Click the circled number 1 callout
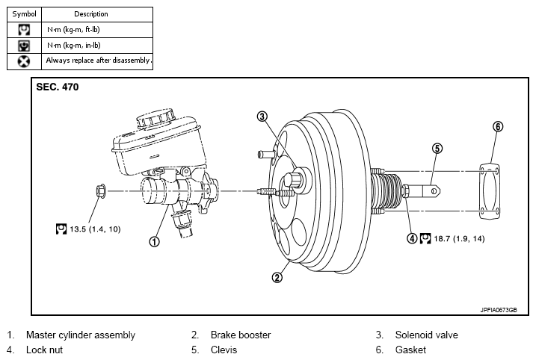point(154,242)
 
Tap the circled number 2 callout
point(277,277)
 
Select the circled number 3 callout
point(262,117)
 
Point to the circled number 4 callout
point(412,238)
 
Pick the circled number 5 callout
point(437,148)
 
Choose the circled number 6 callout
point(498,127)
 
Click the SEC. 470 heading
point(58,87)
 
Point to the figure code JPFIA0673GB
point(499,310)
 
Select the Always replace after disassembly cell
point(97,61)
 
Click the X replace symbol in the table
point(24,61)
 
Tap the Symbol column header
point(24,14)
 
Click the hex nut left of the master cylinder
point(101,190)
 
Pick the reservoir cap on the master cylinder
point(156,119)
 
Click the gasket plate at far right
point(490,192)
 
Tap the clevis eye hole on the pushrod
point(434,191)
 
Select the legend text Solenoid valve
point(426,335)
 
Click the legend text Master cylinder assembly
point(81,335)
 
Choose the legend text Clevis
point(224,350)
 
